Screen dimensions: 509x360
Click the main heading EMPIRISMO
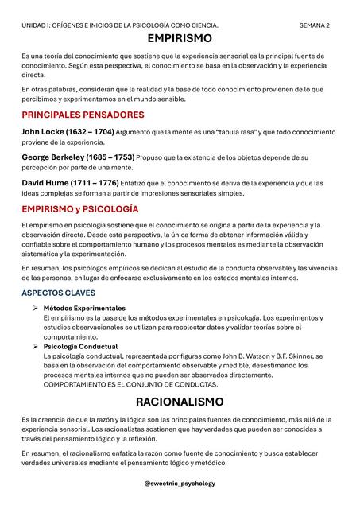coord(180,38)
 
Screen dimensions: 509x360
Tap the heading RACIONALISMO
coord(180,401)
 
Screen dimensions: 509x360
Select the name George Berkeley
coord(56,157)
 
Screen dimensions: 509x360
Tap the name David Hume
coord(47,184)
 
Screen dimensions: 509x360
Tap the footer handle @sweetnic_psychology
coord(180,483)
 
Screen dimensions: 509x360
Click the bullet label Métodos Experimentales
coord(84,308)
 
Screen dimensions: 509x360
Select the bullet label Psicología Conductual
coord(80,347)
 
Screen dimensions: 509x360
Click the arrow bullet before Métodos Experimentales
coord(35,308)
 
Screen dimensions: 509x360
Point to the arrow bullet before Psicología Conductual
coord(35,347)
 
